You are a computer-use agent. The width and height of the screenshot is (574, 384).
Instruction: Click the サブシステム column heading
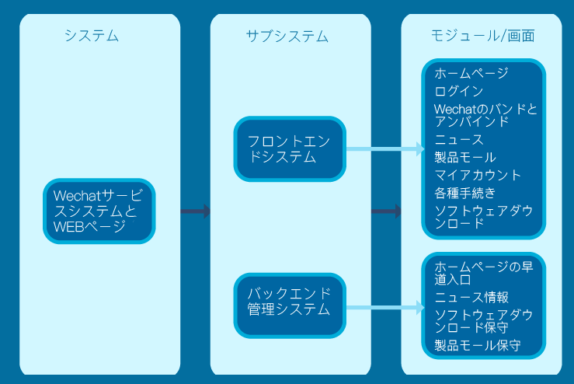pyautogui.click(x=287, y=36)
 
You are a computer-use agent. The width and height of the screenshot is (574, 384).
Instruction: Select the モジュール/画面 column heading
pyautogui.click(x=482, y=36)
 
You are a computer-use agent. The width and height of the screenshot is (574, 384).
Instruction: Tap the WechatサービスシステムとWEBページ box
pyautogui.click(x=99, y=211)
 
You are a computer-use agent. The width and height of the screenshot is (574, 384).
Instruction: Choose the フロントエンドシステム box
pyautogui.click(x=289, y=148)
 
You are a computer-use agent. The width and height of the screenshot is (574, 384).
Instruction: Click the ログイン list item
pyautogui.click(x=459, y=91)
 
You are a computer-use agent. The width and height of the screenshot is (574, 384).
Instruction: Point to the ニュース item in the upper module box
pyautogui.click(x=459, y=140)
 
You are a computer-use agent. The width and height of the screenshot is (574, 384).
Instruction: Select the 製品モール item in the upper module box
pyautogui.click(x=465, y=157)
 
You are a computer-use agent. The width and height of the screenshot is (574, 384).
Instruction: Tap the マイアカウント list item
pyautogui.click(x=478, y=175)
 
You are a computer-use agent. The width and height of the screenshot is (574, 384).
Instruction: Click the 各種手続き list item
pyautogui.click(x=465, y=192)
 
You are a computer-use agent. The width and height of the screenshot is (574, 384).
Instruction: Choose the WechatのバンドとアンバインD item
pyautogui.click(x=485, y=115)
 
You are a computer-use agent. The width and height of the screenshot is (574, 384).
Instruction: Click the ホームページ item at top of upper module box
pyautogui.click(x=471, y=74)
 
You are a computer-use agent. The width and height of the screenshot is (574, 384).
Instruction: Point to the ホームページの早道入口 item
pyautogui.click(x=483, y=273)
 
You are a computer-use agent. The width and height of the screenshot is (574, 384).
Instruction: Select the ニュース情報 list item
pyautogui.click(x=471, y=297)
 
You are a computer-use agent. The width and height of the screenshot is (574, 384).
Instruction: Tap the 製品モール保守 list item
pyautogui.click(x=477, y=345)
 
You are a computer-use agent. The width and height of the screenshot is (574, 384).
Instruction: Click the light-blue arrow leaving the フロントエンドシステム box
pyautogui.click(x=384, y=148)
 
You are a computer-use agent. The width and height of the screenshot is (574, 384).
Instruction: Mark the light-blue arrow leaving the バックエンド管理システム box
pyautogui.click(x=384, y=308)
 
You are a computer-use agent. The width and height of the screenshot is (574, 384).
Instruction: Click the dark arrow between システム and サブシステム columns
pyautogui.click(x=196, y=211)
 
